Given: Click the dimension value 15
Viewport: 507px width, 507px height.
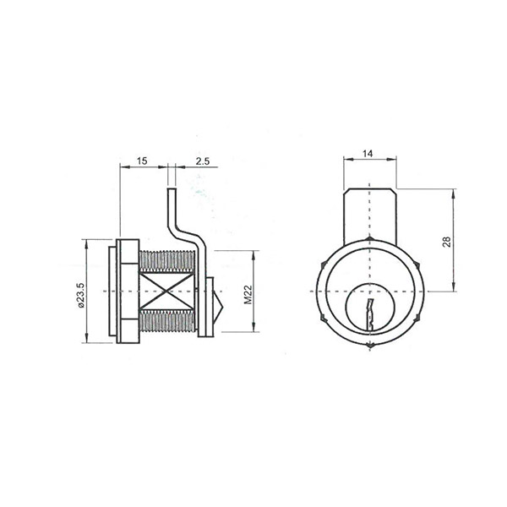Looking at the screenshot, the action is (142, 161).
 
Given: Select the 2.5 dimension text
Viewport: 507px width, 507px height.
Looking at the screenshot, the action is (203, 161).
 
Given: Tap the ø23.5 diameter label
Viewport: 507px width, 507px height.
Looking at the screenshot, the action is (81, 295).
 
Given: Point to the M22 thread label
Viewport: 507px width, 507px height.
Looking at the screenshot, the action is (248, 295).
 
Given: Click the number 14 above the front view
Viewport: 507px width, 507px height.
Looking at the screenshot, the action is (368, 154).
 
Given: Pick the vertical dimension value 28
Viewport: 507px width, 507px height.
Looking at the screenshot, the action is (446, 242).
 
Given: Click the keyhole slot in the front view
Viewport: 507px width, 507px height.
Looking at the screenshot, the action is (369, 314).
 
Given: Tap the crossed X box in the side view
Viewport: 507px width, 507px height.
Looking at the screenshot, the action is (166, 292).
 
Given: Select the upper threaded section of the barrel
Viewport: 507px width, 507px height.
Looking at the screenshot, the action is (166, 262).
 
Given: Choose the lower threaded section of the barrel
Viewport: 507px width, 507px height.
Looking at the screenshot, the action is (166, 320).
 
